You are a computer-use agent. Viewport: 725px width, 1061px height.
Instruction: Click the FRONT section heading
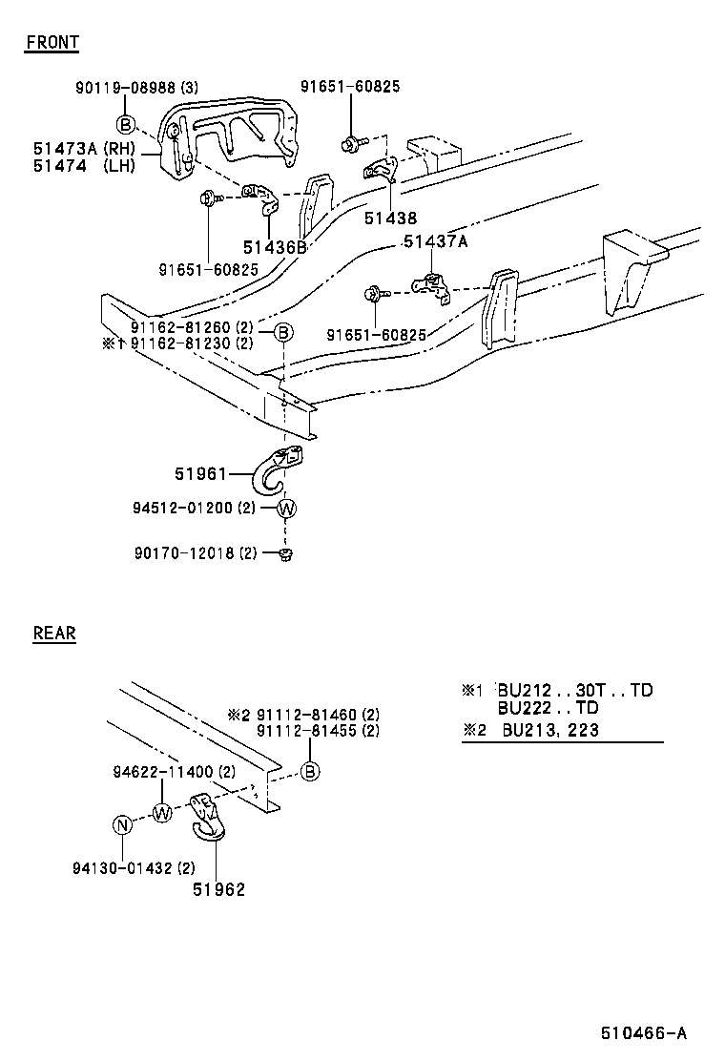52,42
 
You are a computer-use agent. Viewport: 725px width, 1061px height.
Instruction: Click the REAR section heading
54,633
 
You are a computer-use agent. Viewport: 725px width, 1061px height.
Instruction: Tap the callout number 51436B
274,247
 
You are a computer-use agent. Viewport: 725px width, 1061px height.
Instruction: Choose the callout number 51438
390,218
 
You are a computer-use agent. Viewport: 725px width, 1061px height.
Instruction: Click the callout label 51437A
435,241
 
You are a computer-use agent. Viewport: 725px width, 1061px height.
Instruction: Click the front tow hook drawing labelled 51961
280,468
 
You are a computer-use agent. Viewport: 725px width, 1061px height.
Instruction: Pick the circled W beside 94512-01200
286,509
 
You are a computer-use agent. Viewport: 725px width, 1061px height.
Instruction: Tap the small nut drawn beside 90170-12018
285,554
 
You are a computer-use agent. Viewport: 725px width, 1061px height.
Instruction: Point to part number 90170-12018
183,553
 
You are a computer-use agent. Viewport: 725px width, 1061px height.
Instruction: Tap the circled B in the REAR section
310,772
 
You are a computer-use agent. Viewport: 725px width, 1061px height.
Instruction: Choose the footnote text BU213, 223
550,731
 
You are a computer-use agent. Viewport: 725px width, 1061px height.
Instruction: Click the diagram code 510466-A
643,1033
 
